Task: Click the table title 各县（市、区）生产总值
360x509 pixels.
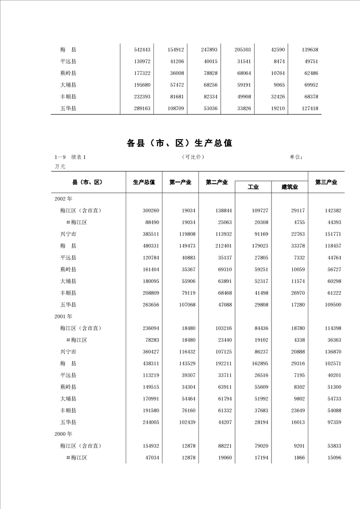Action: click(x=180, y=143)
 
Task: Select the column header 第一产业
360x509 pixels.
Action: click(x=180, y=182)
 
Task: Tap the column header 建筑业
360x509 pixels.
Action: click(x=290, y=187)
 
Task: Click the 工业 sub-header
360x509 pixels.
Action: click(x=253, y=187)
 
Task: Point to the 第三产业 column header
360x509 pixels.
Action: click(x=326, y=182)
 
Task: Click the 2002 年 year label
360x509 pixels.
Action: click(x=63, y=199)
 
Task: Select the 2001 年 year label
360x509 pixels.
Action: click(x=63, y=316)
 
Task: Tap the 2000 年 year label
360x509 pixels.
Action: click(x=63, y=434)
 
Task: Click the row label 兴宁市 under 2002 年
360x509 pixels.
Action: click(x=68, y=234)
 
